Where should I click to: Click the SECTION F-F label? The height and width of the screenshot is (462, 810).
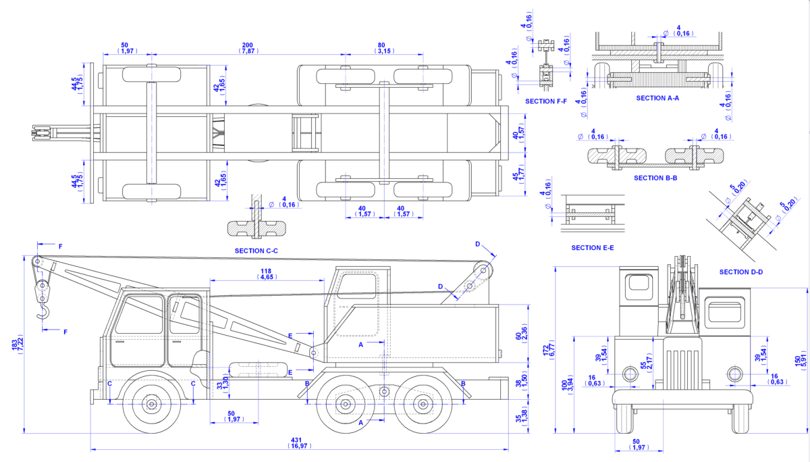coord(546,101)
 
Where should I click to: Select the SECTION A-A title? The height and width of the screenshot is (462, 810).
coord(657,98)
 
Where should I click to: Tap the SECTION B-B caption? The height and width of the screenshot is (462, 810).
coord(655,178)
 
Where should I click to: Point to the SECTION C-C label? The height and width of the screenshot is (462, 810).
coord(256,251)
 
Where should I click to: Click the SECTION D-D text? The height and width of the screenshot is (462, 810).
coord(741,272)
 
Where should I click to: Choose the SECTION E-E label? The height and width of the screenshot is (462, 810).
coord(593,248)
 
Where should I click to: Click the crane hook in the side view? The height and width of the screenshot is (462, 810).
coord(43,313)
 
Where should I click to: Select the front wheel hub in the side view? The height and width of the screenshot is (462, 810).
coord(151,404)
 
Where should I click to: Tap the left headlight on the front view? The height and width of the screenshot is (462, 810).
coord(630,374)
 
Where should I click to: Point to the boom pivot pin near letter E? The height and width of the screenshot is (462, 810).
coord(313,353)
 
